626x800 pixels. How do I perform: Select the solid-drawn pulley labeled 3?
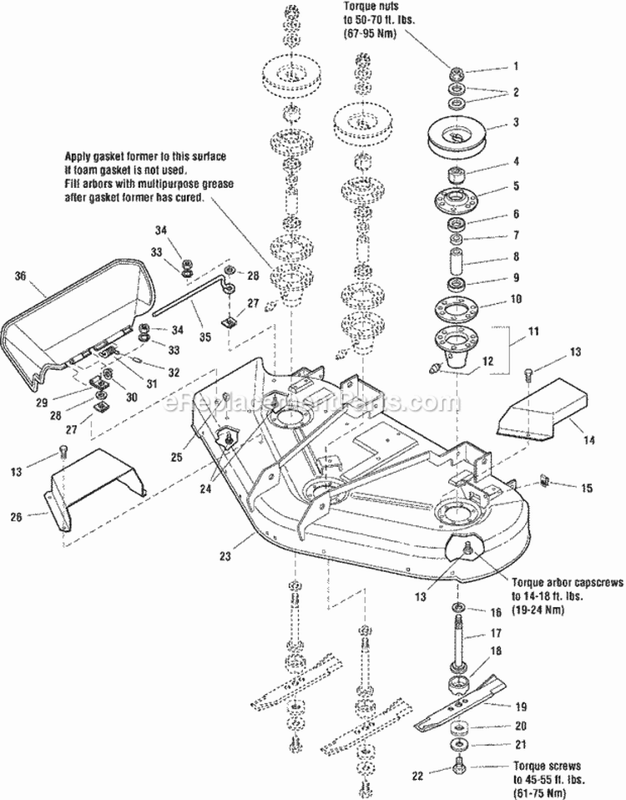pyautogui.click(x=456, y=136)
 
